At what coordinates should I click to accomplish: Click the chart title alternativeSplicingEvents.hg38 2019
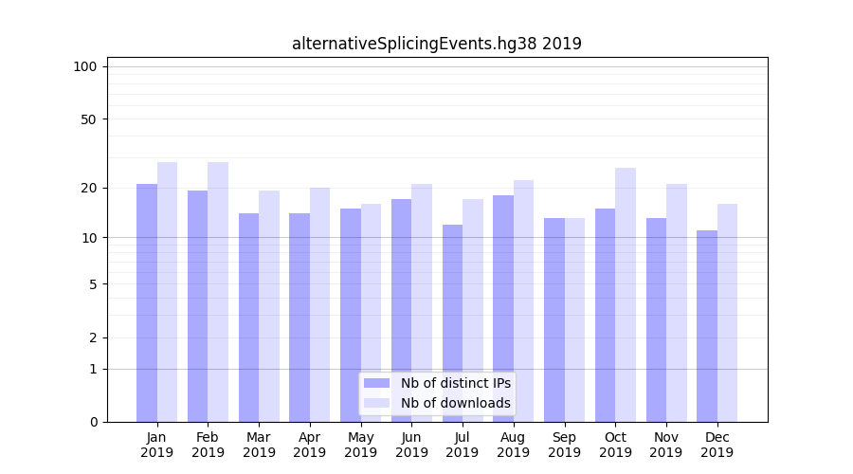(x=436, y=44)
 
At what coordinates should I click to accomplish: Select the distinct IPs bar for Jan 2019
(x=147, y=302)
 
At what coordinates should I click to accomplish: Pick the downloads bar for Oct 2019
(x=625, y=295)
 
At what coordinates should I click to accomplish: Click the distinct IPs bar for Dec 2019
(x=707, y=326)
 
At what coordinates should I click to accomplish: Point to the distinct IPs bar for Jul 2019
(x=452, y=323)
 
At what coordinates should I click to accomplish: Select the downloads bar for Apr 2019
(x=319, y=304)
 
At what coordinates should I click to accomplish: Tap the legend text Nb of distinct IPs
(x=455, y=383)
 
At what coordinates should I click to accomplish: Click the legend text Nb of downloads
(x=455, y=403)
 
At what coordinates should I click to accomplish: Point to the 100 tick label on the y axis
(x=85, y=66)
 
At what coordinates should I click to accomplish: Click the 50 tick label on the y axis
(x=89, y=119)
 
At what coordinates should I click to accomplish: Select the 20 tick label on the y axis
(x=89, y=188)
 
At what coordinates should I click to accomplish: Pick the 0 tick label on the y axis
(x=93, y=422)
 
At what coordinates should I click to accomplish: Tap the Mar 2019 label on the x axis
(x=259, y=445)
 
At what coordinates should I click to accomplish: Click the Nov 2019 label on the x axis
(x=665, y=445)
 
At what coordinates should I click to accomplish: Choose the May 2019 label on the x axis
(x=360, y=445)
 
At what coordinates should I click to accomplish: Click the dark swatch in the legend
(x=376, y=383)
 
